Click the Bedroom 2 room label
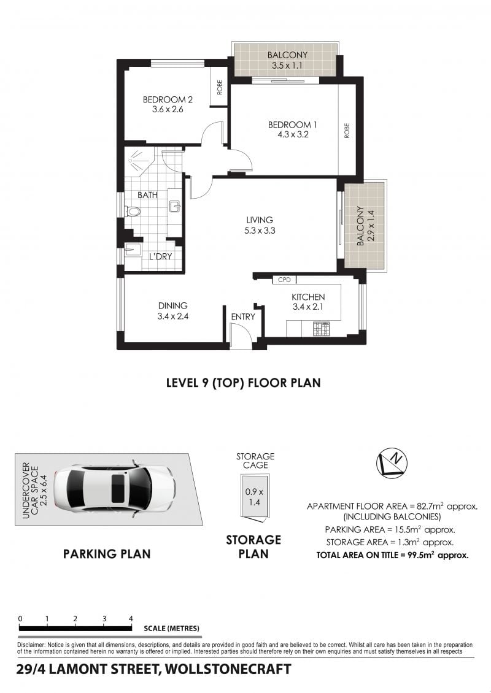pos(168,99)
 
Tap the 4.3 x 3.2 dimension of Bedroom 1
pos(293,134)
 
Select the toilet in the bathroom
pos(132,212)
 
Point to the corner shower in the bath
pos(139,161)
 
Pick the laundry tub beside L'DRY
pos(132,250)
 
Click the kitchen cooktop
pos(322,329)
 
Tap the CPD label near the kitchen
pos(284,280)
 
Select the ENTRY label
pos(243,316)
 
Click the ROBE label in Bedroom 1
pos(346,131)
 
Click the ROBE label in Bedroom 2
pos(219,87)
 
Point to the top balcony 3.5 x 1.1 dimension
pos(287,66)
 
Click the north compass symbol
pos(392,463)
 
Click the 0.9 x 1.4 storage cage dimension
pos(254,497)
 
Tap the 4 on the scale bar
pos(131,619)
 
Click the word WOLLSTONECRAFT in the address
pos(228,669)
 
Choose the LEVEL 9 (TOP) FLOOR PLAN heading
pos(243,383)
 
